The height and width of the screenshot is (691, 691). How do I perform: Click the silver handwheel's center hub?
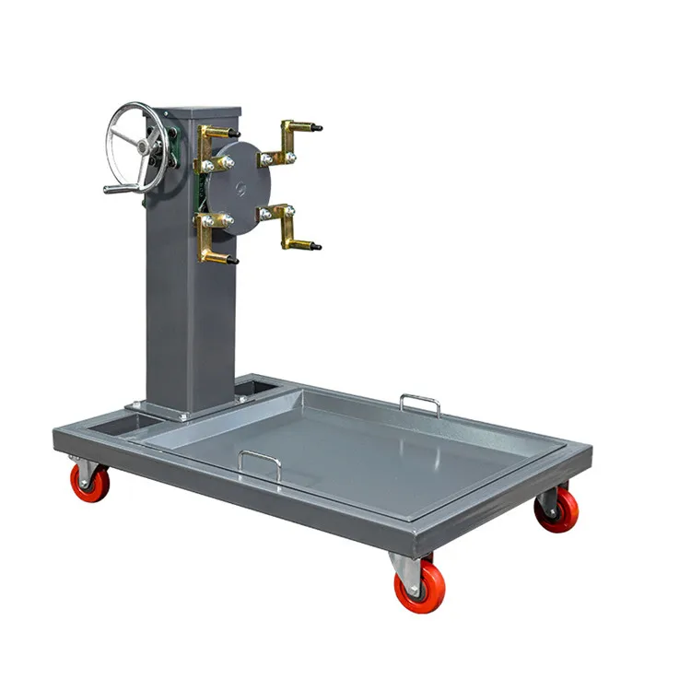pyautogui.click(x=143, y=146)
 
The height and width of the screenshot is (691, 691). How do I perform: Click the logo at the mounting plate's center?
pyautogui.click(x=241, y=188)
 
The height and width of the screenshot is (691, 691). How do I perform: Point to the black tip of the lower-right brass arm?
pyautogui.click(x=316, y=247)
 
